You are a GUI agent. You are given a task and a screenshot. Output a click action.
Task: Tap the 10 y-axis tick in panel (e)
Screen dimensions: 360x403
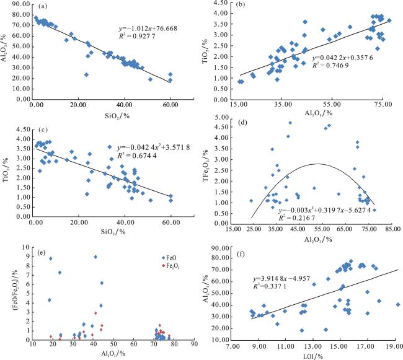click(25, 247)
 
